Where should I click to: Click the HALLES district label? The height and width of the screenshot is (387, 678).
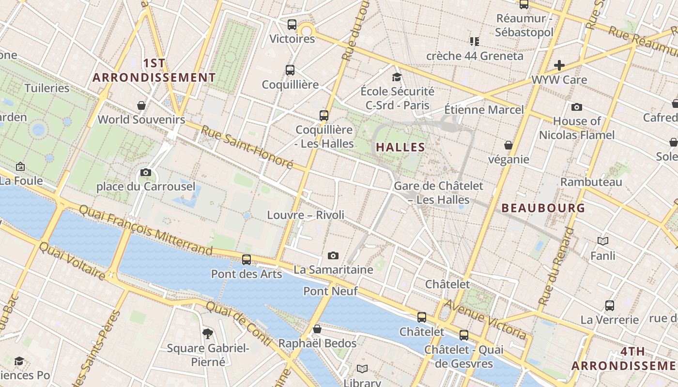coord(401,147)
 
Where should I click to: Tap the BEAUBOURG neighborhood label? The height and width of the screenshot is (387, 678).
coord(543,208)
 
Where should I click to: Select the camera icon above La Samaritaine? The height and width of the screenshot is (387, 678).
coord(333,255)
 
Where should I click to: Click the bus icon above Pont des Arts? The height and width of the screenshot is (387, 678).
coord(247,260)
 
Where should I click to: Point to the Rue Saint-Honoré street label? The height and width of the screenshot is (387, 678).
coord(247,147)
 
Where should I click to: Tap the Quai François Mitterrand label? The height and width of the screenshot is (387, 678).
coord(145,229)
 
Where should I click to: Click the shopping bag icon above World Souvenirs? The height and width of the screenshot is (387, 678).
coord(141,105)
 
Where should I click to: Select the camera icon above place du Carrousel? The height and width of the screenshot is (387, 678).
coord(145,172)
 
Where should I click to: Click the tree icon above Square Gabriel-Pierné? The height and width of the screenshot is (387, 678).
coord(208,333)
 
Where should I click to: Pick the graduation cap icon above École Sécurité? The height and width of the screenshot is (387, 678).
coord(397,77)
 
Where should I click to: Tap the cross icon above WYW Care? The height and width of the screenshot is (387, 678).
coord(559,65)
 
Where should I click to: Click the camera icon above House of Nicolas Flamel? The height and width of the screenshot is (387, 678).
coord(577,107)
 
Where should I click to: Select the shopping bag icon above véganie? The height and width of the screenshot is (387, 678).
coord(508,145)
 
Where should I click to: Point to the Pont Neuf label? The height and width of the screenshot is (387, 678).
coord(330,291)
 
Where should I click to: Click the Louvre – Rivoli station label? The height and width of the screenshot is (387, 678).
coord(306,215)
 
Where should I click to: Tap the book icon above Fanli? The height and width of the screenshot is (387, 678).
coord(603,241)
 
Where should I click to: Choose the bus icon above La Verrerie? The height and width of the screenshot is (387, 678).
coord(610,306)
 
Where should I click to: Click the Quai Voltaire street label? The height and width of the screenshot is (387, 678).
coord(72,261)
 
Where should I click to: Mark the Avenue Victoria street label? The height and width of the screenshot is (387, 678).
coord(486,319)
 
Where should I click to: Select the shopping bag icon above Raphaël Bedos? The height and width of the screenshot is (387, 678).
coord(317,329)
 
